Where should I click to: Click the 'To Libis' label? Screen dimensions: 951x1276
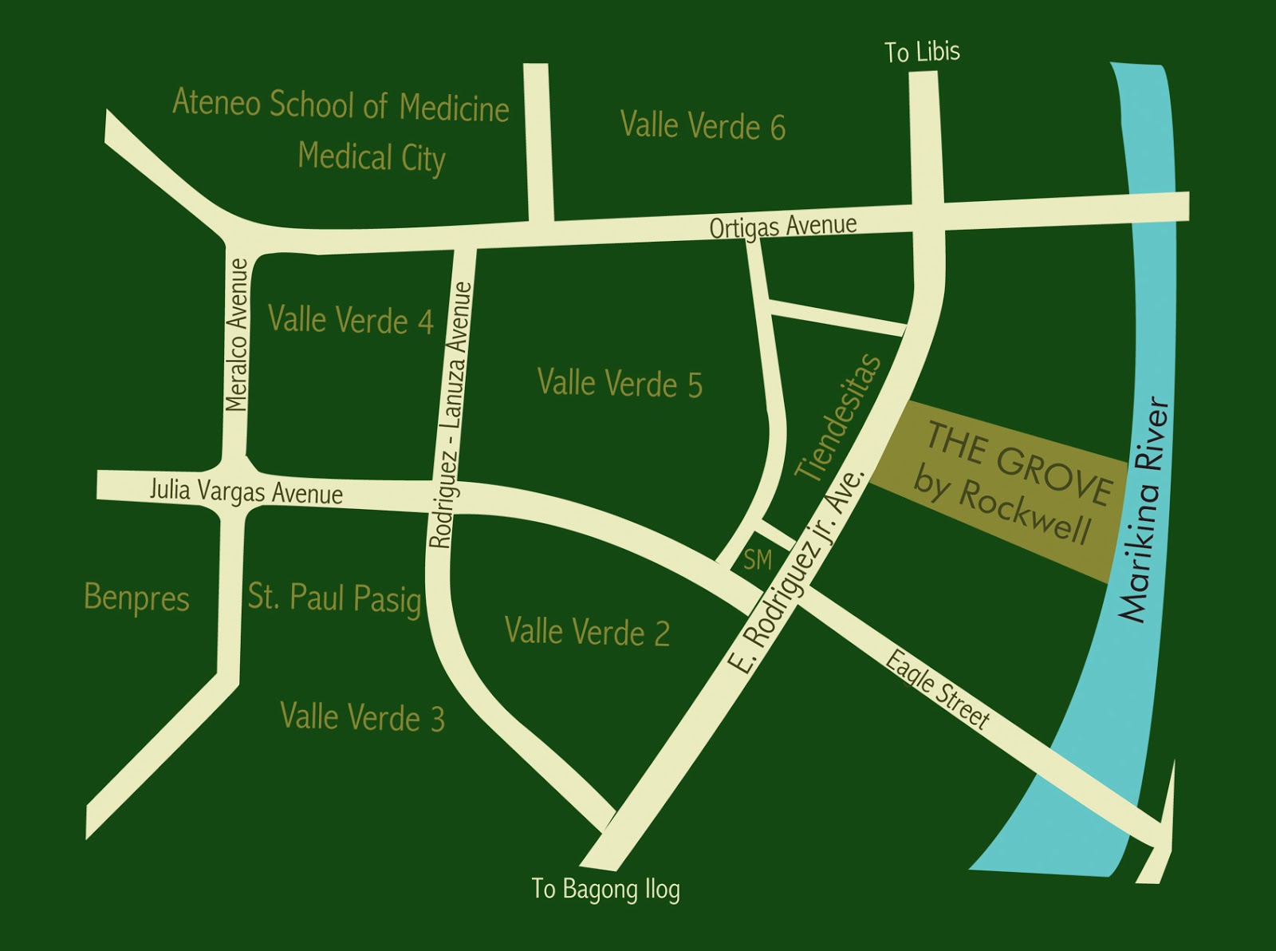tap(922, 52)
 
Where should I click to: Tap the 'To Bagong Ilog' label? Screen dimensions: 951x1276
tap(605, 889)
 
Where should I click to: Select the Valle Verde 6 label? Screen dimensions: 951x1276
tap(703, 126)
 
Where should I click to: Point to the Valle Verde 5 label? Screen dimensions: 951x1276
tap(620, 384)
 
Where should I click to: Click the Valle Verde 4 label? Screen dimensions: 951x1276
tap(350, 320)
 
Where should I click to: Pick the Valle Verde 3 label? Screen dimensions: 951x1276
tap(362, 717)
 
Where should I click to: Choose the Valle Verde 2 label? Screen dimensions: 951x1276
tap(587, 632)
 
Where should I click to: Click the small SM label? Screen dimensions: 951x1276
tap(757, 560)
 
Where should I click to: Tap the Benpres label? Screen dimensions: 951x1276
tap(136, 598)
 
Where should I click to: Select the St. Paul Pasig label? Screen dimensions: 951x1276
tap(334, 598)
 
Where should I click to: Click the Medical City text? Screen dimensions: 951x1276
tap(371, 156)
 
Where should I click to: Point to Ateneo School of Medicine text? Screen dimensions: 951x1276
tap(341, 105)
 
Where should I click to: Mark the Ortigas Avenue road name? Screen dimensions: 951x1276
tap(783, 227)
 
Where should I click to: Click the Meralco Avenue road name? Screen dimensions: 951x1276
tap(237, 335)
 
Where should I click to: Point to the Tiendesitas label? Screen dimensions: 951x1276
tap(840, 417)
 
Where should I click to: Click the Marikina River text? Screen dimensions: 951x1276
tap(1145, 511)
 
